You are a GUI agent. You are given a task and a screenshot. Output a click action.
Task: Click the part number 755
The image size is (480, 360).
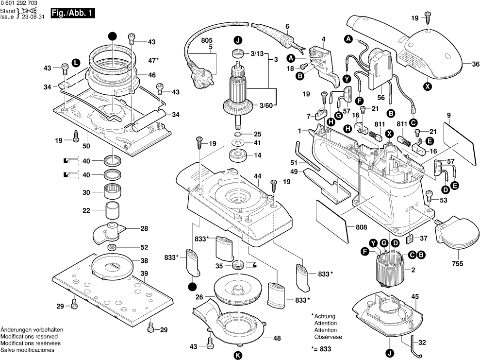[x=458, y=263]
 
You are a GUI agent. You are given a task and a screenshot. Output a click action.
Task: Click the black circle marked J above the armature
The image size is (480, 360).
[x=237, y=40]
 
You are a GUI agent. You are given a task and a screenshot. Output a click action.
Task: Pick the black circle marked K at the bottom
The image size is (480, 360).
[x=237, y=355]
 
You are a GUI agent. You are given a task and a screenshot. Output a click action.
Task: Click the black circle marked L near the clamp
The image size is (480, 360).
[x=75, y=62]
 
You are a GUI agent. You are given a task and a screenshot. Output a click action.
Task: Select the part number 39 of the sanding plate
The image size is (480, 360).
[x=144, y=274]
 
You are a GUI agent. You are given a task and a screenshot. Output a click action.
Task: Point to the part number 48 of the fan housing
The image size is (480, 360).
[x=277, y=338]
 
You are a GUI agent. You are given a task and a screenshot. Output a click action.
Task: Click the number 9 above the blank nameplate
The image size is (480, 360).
[x=448, y=115]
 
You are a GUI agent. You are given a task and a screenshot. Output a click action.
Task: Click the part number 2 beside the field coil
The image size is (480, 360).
[x=413, y=270]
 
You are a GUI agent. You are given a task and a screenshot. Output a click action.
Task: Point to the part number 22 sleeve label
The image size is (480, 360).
[x=86, y=210]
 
